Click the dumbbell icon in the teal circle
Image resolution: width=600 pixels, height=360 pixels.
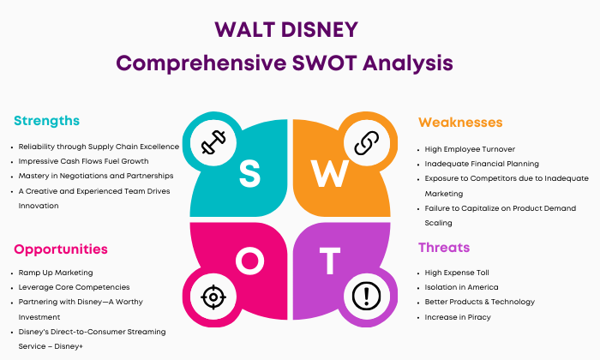pos(213,142)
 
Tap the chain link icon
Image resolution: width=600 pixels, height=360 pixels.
pos(367,143)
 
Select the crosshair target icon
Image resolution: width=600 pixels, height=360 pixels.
pos(213,297)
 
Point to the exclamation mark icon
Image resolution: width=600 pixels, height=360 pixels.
pos(366,296)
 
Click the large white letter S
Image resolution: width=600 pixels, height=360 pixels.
pos(249,173)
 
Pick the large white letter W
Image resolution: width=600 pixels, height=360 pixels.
pos(329,173)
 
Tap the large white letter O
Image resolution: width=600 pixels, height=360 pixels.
pos(250,261)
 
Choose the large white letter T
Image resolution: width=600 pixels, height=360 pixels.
pos(330,261)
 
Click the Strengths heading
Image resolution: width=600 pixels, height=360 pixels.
pos(46,121)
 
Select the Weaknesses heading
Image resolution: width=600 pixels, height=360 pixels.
pos(460,123)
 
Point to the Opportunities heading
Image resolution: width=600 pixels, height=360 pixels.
pos(61,249)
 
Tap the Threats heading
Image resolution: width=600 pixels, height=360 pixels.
pos(444,248)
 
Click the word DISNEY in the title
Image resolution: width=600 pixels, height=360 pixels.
pos(320,30)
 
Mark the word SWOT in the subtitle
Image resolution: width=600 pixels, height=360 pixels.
pos(325,63)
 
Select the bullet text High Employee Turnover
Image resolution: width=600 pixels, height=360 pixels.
pos(470,149)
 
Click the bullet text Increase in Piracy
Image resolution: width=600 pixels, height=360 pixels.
pos(458,317)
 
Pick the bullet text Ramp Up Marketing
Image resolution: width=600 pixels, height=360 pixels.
pos(56,273)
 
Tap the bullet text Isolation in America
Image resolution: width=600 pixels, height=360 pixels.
pos(461,287)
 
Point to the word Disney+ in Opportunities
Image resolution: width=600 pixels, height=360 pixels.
pos(69,346)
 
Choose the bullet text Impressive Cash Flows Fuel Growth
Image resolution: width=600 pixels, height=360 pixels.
pos(83,161)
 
